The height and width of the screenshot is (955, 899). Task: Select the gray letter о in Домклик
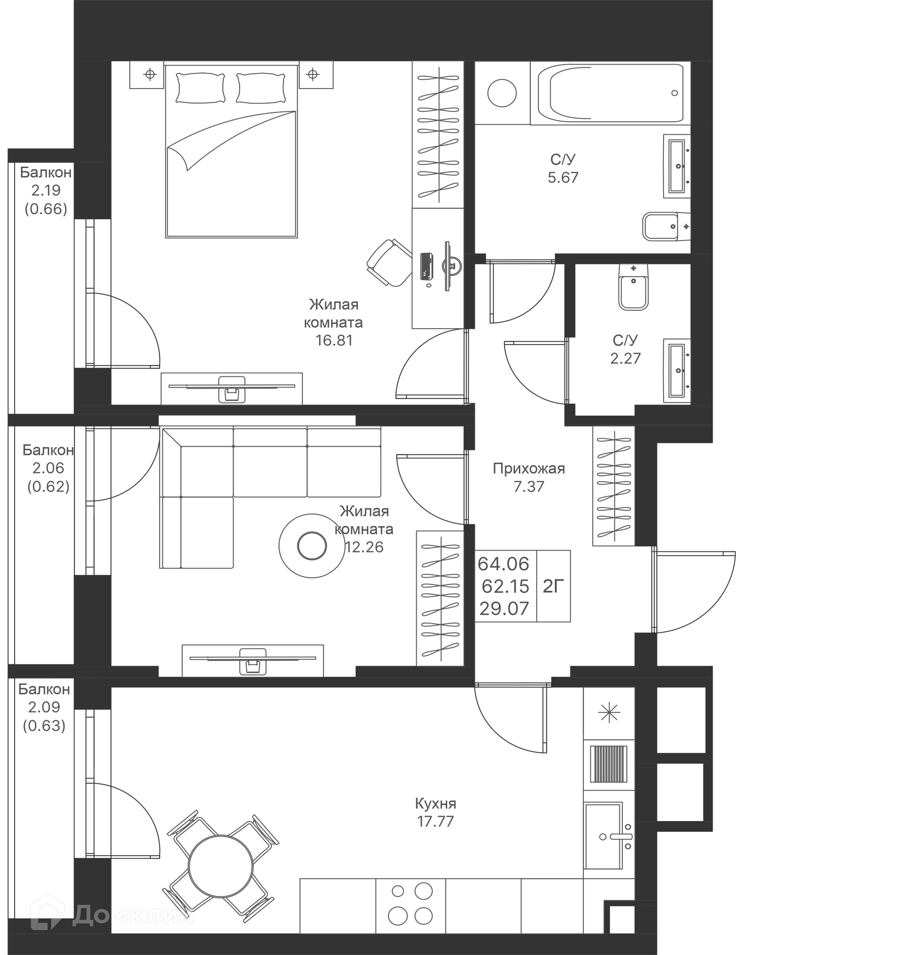pyautogui.click(x=102, y=917)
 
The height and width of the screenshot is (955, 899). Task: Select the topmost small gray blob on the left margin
pyautogui.click(x=44, y=204)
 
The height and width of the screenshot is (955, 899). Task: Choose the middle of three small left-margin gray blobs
pyautogui.click(x=45, y=480)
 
